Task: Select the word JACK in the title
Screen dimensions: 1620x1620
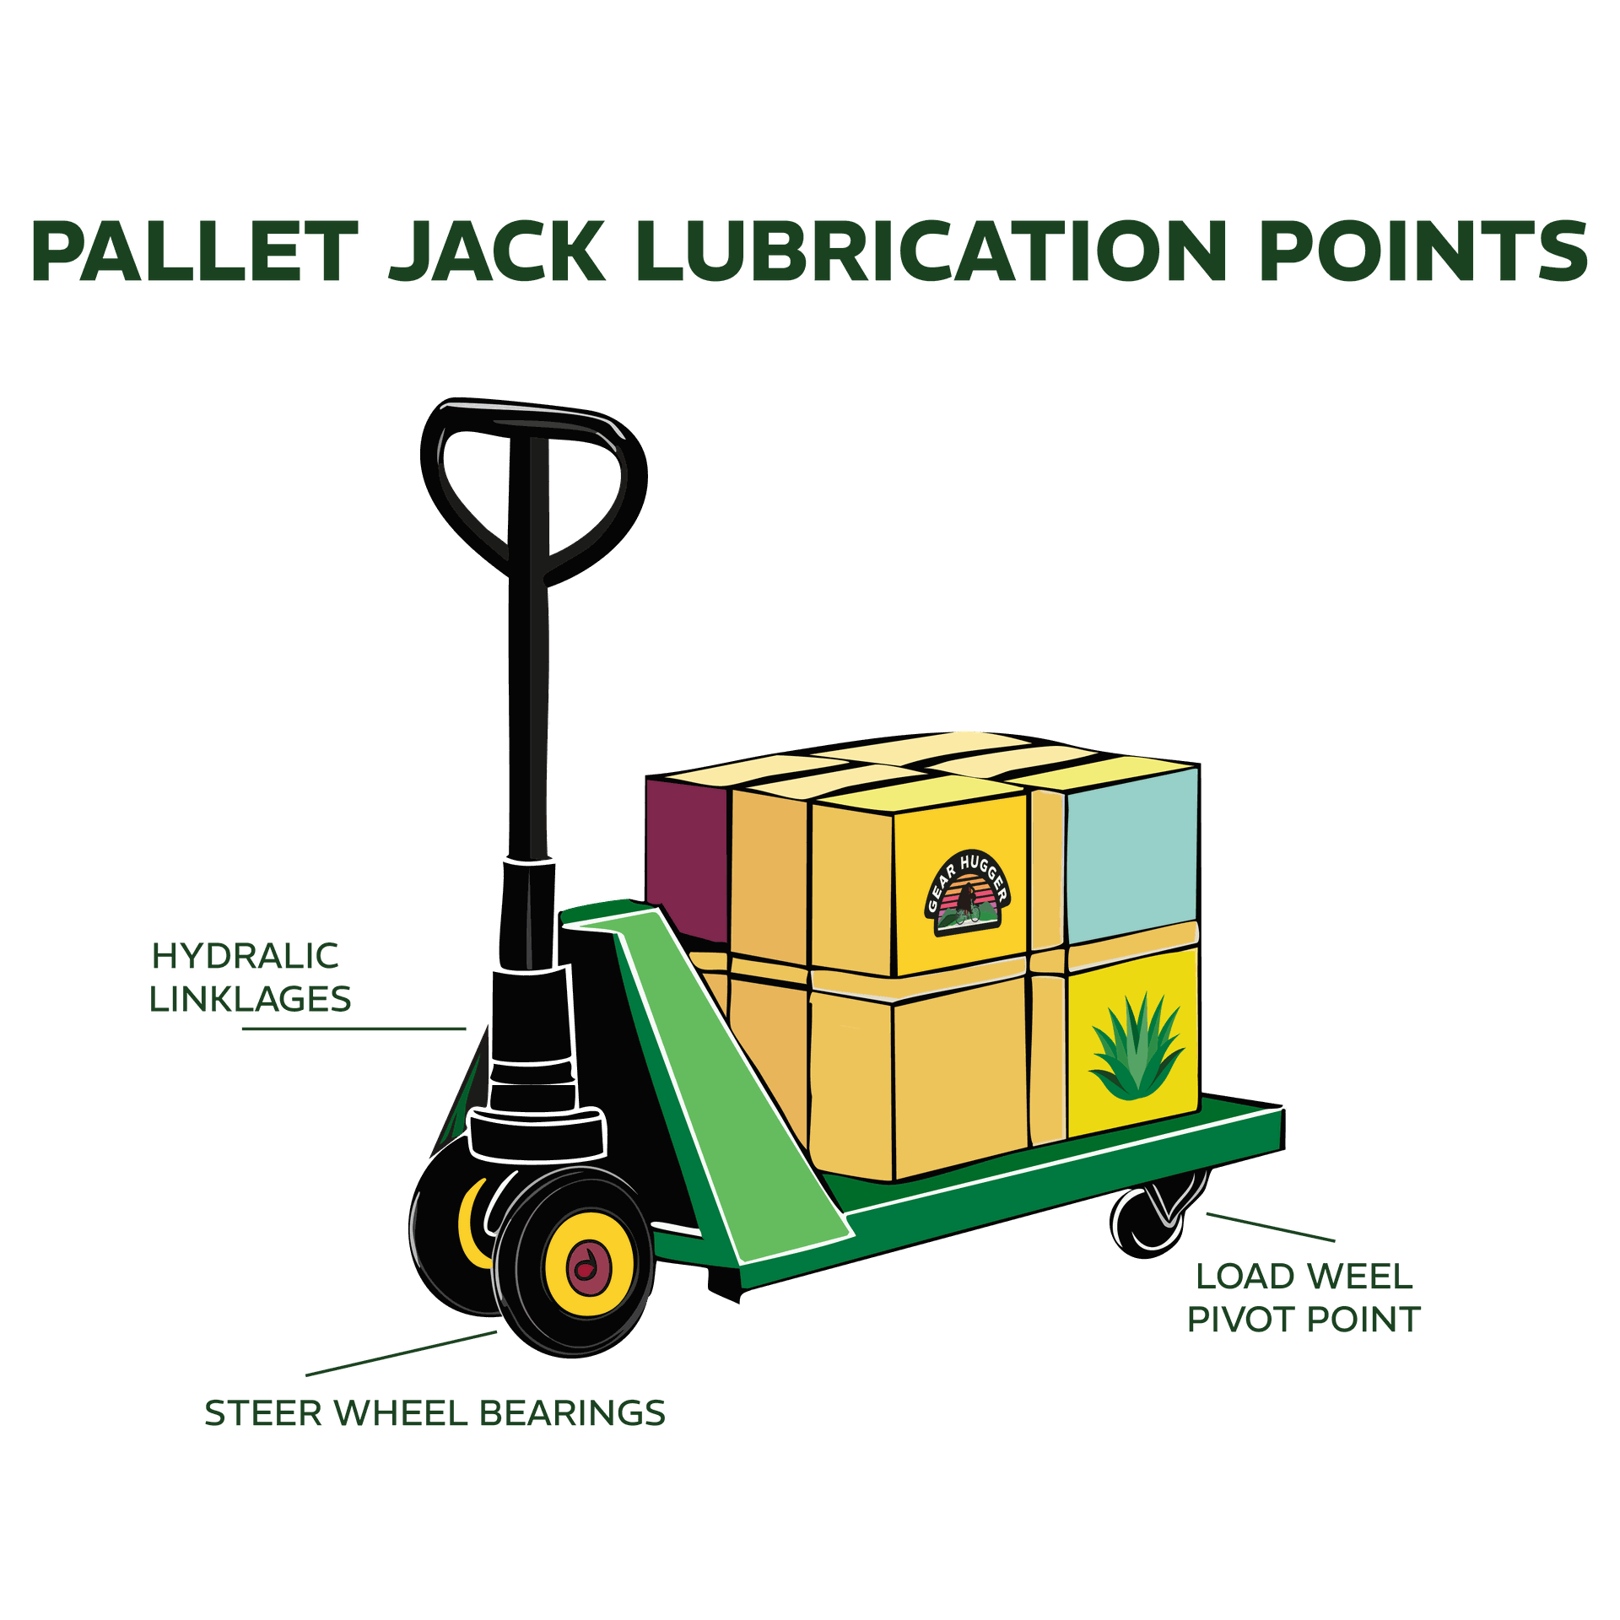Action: tap(497, 251)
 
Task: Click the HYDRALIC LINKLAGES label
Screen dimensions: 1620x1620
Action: tap(250, 978)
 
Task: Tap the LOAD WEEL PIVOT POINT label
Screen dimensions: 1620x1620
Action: tap(1304, 1299)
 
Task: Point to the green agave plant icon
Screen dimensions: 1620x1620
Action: tap(1136, 1047)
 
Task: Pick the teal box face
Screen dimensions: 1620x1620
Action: tap(1131, 856)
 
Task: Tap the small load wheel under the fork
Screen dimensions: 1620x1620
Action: tap(1149, 1219)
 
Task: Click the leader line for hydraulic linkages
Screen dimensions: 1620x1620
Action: tap(354, 1029)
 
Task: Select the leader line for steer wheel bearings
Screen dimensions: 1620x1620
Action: tap(402, 1353)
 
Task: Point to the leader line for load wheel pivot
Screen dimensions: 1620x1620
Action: tap(1271, 1228)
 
